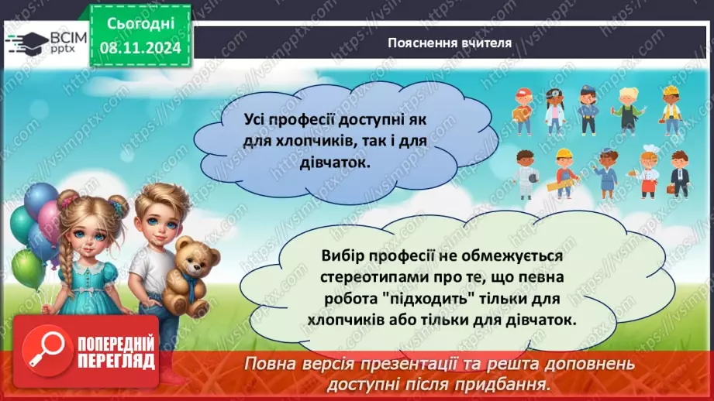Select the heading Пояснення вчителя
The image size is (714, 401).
pos(450,43)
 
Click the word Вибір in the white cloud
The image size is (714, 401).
pos(339,255)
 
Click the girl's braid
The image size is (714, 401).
pos(64,271)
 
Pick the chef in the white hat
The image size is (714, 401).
pos(648,173)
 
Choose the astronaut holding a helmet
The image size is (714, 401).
pos(527,174)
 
